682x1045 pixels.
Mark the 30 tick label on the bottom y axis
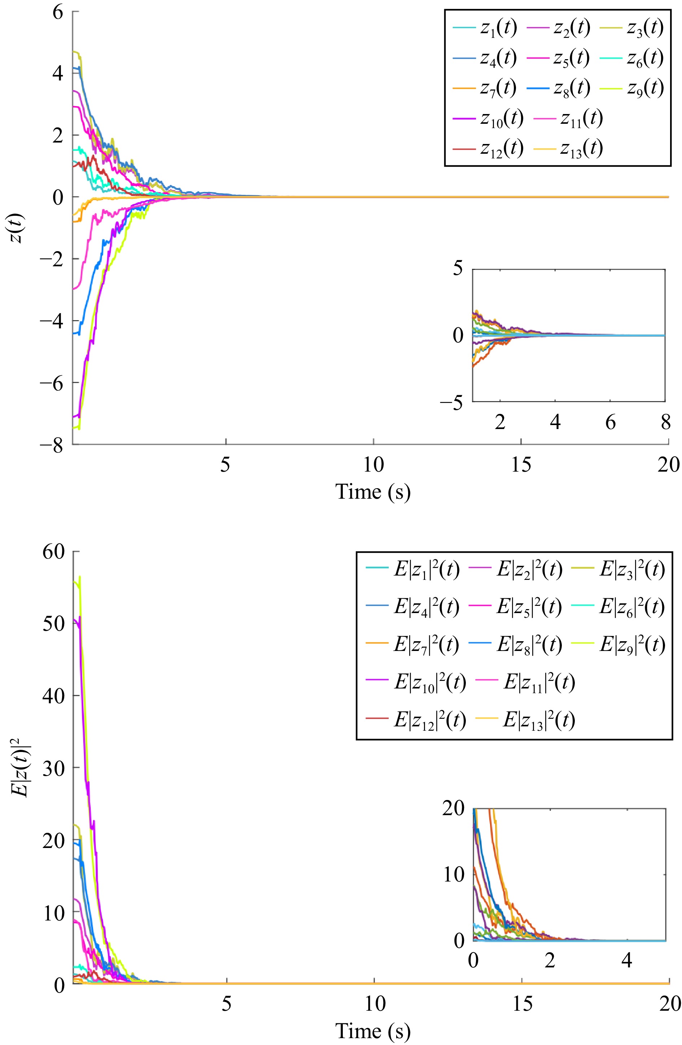(x=53, y=768)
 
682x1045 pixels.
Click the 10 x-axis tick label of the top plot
(x=373, y=464)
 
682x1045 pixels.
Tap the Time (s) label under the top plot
(x=373, y=491)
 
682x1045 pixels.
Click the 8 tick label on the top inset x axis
(x=665, y=423)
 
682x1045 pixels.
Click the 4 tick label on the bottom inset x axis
(x=627, y=960)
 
